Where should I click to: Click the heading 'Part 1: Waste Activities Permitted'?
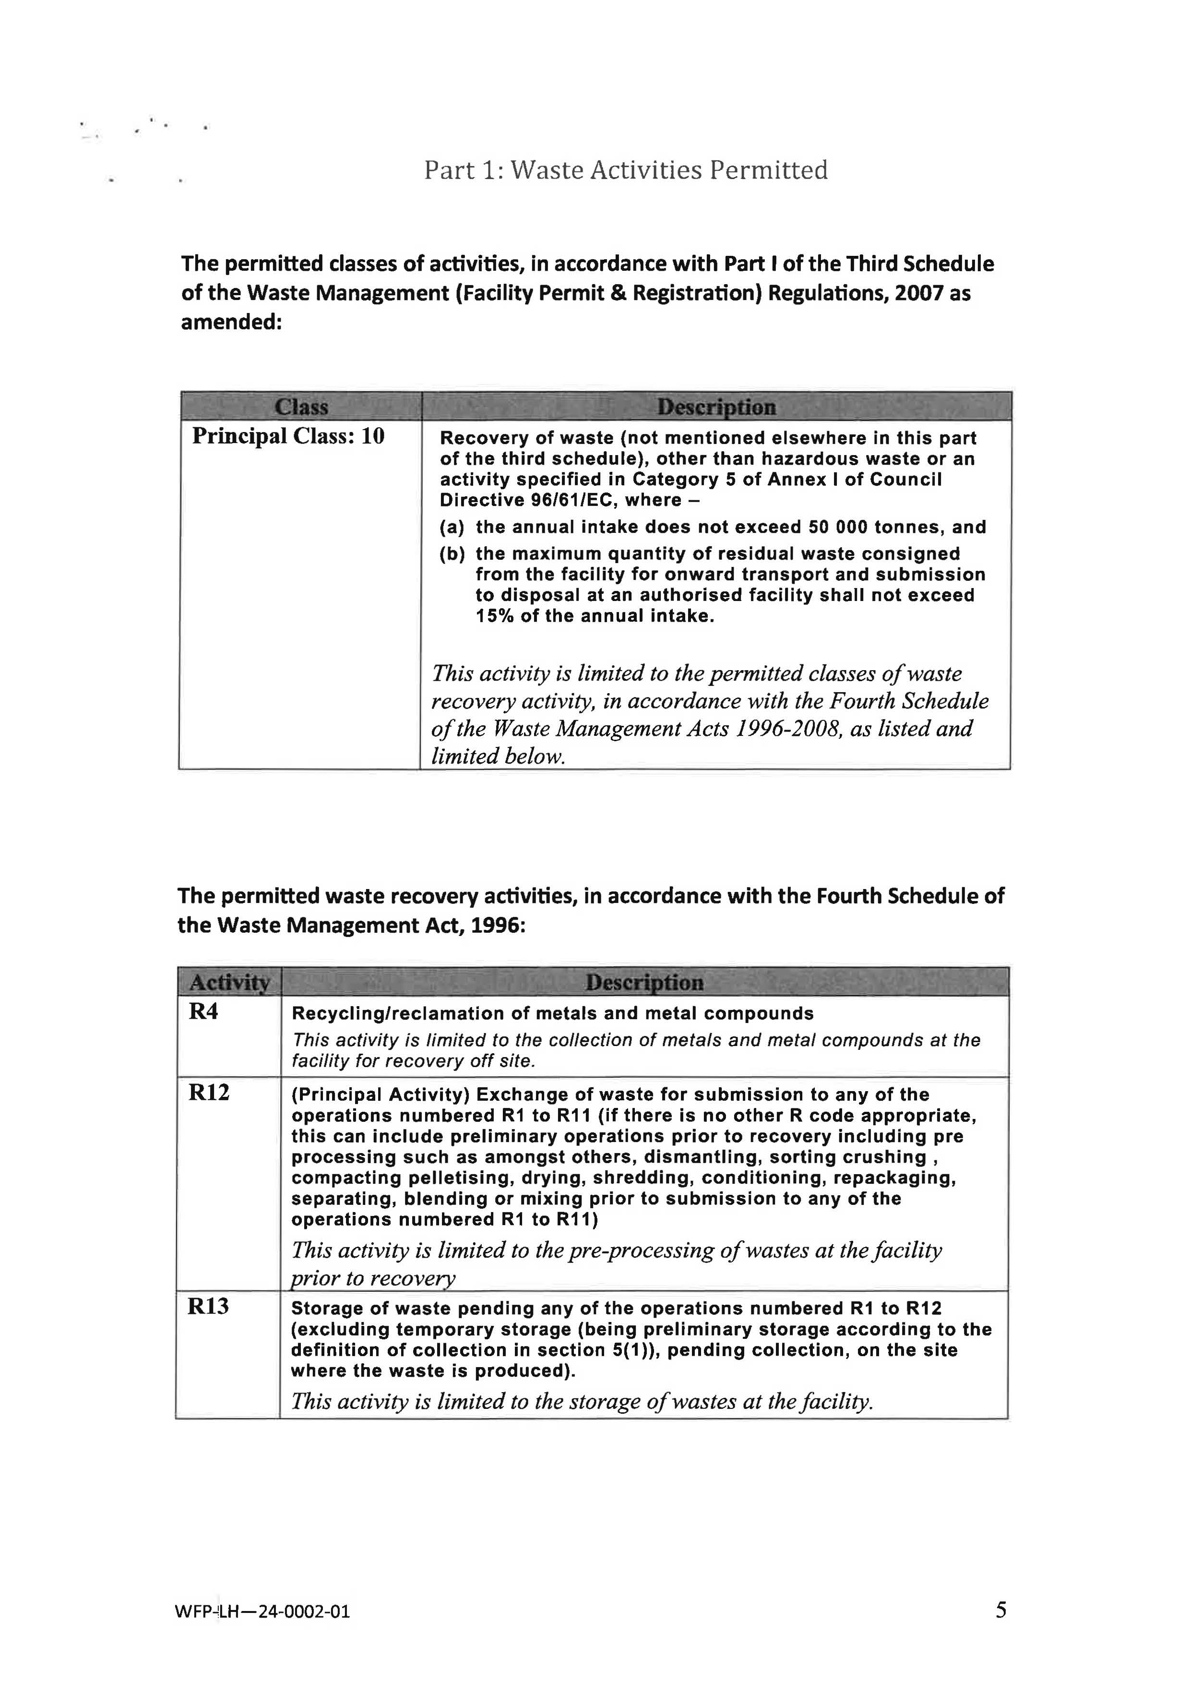click(x=626, y=170)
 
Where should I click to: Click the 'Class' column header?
click(x=301, y=407)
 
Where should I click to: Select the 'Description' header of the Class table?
click(x=716, y=407)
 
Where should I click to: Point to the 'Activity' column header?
click(x=229, y=982)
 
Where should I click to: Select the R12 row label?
click(x=209, y=1093)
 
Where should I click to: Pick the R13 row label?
click(x=208, y=1306)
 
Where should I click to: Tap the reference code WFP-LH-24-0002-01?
click(x=262, y=1612)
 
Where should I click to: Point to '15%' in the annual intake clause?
click(x=495, y=616)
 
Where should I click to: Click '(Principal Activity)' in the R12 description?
click(x=381, y=1094)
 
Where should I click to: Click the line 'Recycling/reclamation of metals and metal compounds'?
click(x=552, y=1014)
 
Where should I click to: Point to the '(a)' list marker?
click(x=452, y=527)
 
